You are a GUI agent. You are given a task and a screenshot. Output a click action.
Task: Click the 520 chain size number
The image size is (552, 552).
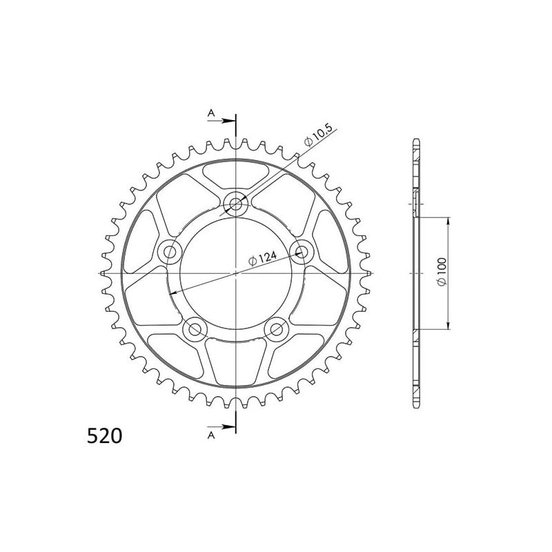click(105, 436)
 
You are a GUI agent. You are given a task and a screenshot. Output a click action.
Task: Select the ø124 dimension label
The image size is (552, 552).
click(263, 259)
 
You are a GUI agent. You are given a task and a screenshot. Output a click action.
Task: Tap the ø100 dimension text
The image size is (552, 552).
click(442, 273)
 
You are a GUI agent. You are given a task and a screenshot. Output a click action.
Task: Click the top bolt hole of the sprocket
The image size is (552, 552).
click(236, 203)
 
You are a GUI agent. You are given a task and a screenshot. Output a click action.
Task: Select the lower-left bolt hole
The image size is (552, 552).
click(195, 329)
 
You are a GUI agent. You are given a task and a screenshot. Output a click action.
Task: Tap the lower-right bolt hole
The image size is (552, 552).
click(277, 329)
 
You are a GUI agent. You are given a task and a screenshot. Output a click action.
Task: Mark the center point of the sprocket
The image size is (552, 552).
click(236, 273)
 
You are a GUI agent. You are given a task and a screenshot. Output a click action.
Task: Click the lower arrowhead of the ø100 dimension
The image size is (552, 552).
click(449, 326)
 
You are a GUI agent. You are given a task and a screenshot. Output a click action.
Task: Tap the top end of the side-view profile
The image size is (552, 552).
click(416, 141)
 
